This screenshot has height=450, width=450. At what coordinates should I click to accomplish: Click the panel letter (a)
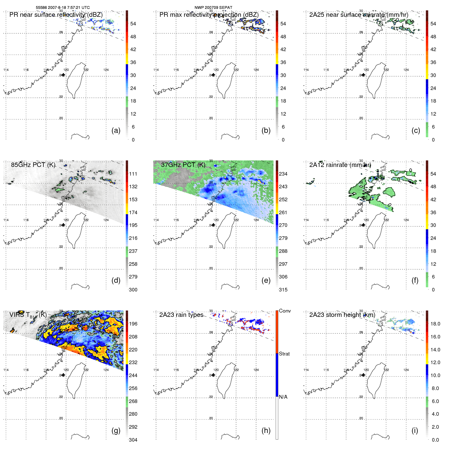click(x=116, y=130)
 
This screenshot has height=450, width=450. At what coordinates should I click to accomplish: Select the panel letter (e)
click(x=266, y=280)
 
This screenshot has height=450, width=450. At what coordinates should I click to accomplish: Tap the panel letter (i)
click(x=415, y=430)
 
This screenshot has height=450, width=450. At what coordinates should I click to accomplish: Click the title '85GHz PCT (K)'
click(x=33, y=165)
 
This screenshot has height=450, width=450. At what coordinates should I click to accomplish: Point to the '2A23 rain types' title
click(x=181, y=315)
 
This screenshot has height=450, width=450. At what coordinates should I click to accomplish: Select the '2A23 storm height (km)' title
click(x=342, y=315)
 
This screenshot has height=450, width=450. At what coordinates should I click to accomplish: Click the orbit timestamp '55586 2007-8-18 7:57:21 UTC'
click(x=63, y=8)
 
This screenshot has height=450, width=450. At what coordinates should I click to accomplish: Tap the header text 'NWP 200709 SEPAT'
click(x=213, y=8)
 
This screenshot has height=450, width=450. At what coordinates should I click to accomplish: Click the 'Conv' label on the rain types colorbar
click(x=285, y=311)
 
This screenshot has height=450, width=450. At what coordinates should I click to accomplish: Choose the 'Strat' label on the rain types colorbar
click(x=284, y=354)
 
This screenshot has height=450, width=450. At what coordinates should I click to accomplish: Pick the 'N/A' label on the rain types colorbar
click(x=283, y=397)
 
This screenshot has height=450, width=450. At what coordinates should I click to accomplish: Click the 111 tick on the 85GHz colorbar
click(x=133, y=174)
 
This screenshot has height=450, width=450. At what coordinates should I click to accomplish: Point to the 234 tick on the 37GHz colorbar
click(x=283, y=174)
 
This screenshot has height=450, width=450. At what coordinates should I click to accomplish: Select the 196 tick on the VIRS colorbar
click(x=133, y=324)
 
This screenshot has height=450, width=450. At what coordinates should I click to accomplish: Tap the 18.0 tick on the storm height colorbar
click(x=435, y=324)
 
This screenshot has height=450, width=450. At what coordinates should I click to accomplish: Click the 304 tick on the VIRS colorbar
click(x=133, y=440)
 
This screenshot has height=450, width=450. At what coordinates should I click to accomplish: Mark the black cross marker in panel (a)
click(x=63, y=75)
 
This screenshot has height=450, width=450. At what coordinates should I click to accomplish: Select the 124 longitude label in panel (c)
click(x=406, y=70)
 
